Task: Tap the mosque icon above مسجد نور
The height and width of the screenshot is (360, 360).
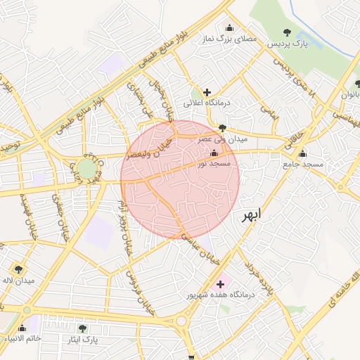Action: (214, 153)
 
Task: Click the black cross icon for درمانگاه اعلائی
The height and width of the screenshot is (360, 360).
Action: (207, 92)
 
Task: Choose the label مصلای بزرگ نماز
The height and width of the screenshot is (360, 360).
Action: (229, 40)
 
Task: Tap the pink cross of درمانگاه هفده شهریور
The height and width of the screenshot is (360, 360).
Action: (221, 284)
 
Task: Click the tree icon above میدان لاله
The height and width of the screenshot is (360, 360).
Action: (18, 269)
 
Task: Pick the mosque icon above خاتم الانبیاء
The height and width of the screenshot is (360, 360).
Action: (22, 328)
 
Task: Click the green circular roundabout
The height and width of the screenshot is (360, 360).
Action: (86, 169)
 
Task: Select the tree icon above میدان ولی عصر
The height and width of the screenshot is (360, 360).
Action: (223, 128)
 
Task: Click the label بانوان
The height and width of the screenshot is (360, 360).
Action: (349, 94)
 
